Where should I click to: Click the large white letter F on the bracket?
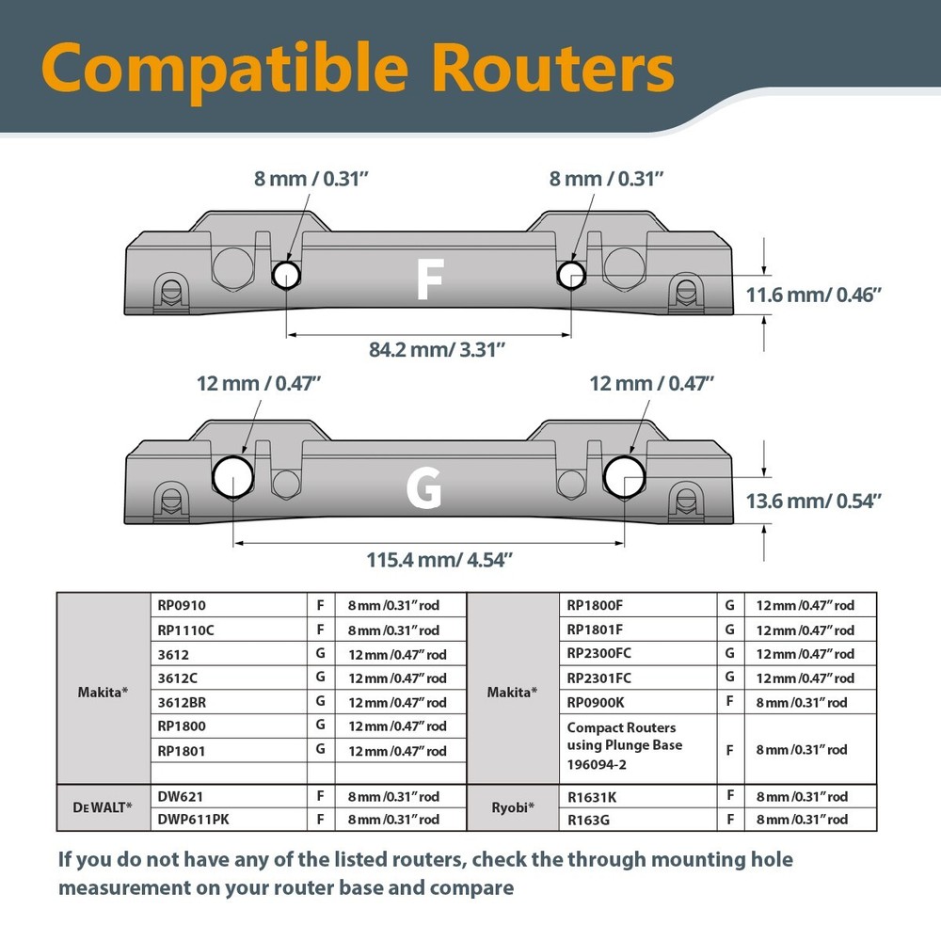tap(430, 279)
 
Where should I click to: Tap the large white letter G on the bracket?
tap(423, 488)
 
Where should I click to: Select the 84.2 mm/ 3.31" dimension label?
tap(437, 349)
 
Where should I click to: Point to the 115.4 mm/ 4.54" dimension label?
tap(439, 559)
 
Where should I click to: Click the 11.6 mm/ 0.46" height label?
tap(813, 295)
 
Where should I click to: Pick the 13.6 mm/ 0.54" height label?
tap(813, 501)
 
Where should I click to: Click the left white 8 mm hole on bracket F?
tap(286, 275)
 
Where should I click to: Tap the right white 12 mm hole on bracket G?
tap(624, 477)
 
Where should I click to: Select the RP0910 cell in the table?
tap(229, 605)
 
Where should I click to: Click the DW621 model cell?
tap(229, 796)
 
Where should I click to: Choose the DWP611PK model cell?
tap(229, 820)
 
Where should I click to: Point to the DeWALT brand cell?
tap(104, 807)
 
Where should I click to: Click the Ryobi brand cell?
tap(513, 807)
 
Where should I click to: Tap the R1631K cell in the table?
tap(638, 797)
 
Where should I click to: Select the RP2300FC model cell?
tap(638, 653)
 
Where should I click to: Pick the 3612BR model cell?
tap(229, 702)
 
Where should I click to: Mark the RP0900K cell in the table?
tap(638, 702)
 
